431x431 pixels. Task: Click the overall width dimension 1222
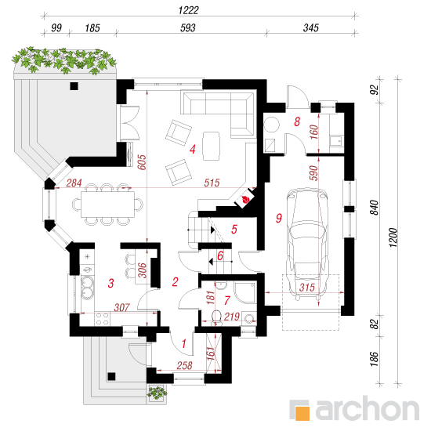coord(188,10)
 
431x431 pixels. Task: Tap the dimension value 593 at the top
coord(188,27)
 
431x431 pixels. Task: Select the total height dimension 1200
coord(393,237)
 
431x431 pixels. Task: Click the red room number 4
coord(193,149)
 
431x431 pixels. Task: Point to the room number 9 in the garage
coord(279,218)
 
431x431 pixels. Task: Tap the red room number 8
coord(297,121)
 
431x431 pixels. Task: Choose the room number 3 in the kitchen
coord(110,283)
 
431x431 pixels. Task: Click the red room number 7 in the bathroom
coord(226,300)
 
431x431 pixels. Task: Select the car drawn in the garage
coord(307,243)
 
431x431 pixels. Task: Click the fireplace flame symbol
coord(245,200)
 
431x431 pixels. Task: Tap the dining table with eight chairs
coord(107,205)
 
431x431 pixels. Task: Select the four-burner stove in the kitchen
coord(102,319)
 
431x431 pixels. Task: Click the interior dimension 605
coord(142,162)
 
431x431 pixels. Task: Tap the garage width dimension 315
coord(307,288)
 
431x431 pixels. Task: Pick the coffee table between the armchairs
coord(211,146)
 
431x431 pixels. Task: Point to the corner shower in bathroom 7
coord(245,292)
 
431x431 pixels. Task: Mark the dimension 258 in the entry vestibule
coord(184,365)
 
